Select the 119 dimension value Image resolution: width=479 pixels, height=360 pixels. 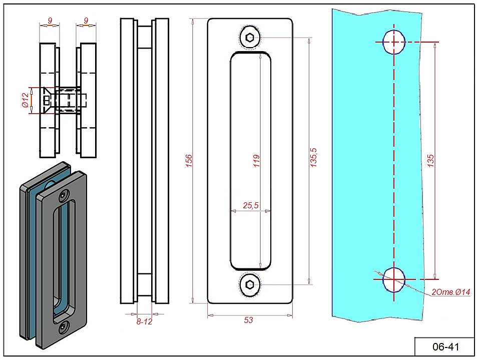click(257, 160)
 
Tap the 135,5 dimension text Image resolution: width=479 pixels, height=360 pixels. click(314, 160)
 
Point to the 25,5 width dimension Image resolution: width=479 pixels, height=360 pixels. click(250, 205)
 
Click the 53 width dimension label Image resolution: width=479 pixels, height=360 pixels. click(249, 320)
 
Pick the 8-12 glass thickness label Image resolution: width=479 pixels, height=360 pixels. click(144, 321)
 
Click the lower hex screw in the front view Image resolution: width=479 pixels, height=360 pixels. click(250, 284)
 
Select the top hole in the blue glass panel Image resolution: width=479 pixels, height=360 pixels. click(394, 42)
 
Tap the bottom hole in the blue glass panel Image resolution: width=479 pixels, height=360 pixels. click(394, 279)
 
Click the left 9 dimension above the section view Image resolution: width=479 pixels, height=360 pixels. click(50, 21)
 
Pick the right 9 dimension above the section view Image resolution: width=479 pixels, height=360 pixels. click(86, 21)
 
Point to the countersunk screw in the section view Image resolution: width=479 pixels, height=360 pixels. click(48, 100)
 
